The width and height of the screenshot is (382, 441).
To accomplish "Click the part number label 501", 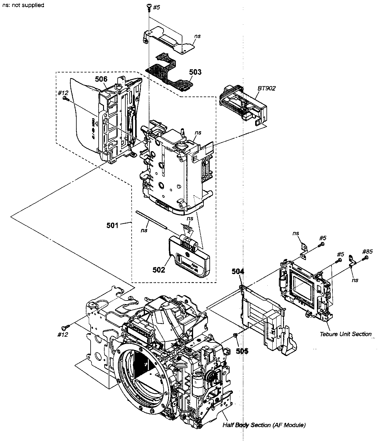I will (113, 225).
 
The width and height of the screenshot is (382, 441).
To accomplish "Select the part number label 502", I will (159, 270).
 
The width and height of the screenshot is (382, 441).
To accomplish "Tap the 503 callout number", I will (195, 72).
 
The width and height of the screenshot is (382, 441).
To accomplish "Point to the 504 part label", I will (238, 271).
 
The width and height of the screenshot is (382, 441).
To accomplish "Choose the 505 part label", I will (242, 351).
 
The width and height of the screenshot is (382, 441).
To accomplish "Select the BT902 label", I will (267, 88).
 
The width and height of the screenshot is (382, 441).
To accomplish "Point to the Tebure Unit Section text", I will (345, 334).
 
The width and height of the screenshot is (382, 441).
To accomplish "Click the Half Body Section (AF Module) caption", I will (264, 425).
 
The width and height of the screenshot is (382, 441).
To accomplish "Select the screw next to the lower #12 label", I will (65, 327).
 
